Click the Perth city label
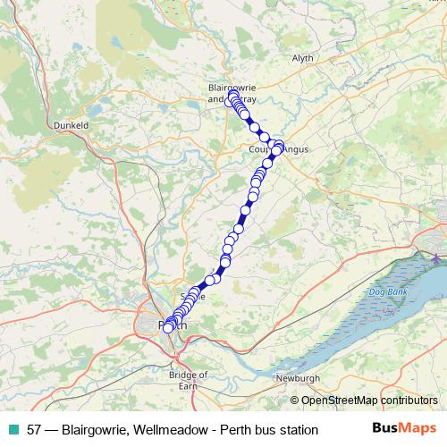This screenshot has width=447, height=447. [x=173, y=325]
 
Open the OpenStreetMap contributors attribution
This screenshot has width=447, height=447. [x=369, y=401]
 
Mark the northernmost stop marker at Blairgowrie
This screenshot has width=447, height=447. [x=233, y=95]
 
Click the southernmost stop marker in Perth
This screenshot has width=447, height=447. [x=168, y=328]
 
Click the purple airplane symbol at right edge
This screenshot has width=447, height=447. [x=435, y=258]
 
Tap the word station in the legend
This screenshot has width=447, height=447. [x=296, y=429]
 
